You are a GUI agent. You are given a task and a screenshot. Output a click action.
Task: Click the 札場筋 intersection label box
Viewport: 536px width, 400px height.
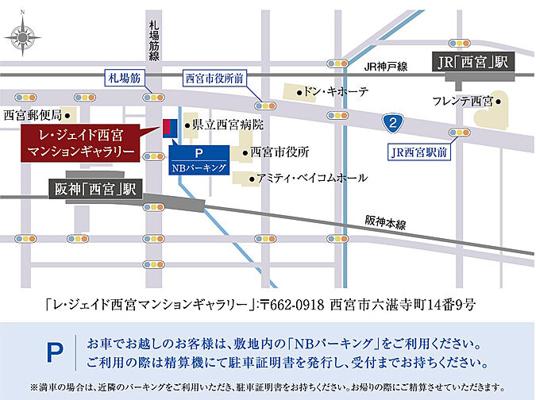pos(124,78)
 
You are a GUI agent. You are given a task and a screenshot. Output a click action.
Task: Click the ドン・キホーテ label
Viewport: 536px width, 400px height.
pos(337,93)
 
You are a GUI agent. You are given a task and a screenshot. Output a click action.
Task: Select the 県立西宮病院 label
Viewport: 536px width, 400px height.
pos(227,125)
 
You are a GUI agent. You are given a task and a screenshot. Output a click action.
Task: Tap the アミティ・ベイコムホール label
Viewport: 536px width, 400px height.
pos(312,178)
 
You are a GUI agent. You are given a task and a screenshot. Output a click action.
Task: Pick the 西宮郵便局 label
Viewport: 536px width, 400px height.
pos(33,116)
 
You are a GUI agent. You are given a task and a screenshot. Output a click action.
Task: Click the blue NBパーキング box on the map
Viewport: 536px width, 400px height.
pos(200,160)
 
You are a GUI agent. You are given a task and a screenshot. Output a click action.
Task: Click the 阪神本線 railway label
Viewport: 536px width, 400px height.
pos(385,221)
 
